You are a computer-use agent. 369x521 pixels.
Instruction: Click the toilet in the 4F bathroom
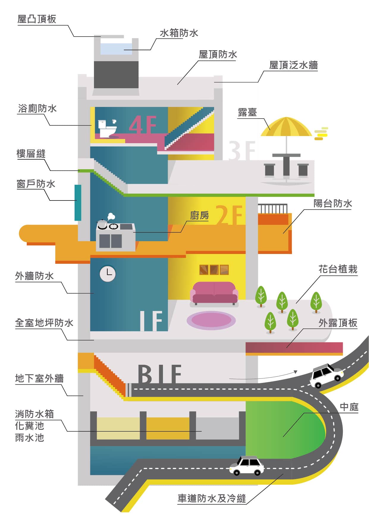pyautogui.click(x=107, y=129)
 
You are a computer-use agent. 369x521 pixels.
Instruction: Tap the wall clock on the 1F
pyautogui.click(x=107, y=273)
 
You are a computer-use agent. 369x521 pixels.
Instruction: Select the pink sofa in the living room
pyautogui.click(x=214, y=293)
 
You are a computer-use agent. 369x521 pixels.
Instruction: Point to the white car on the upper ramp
pyautogui.click(x=326, y=375)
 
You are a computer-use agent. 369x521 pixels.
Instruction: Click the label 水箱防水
pyautogui.click(x=179, y=33)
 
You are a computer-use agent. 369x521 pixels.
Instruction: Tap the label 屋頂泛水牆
pyautogui.click(x=293, y=65)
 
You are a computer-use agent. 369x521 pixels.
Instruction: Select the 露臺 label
pyautogui.click(x=247, y=113)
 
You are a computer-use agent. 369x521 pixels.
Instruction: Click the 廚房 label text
pyautogui.click(x=199, y=215)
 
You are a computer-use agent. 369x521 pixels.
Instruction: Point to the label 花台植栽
pyautogui.click(x=338, y=269)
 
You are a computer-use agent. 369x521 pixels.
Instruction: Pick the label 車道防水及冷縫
pyautogui.click(x=212, y=498)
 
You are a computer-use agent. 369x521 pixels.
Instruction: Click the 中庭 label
pyautogui.click(x=349, y=407)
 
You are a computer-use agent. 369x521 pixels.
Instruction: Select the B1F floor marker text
pyautogui.click(x=159, y=374)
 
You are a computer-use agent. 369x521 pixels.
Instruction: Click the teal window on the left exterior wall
pyautogui.click(x=78, y=203)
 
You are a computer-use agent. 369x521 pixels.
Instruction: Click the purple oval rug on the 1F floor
pyautogui.click(x=211, y=320)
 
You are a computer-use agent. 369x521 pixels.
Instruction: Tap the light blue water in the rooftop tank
pyautogui.click(x=116, y=49)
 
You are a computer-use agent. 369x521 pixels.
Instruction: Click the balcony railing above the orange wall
pyautogui.click(x=273, y=209)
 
